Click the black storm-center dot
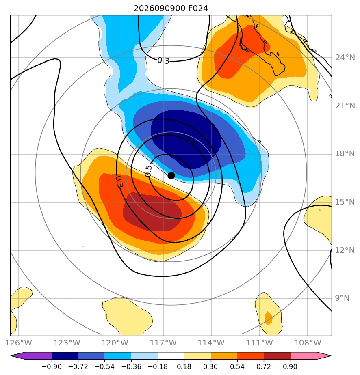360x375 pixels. point(171,176)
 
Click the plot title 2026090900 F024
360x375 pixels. point(171,9)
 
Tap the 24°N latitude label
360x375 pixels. point(345,58)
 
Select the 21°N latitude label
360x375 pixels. point(345,106)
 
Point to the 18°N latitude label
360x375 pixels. point(345,154)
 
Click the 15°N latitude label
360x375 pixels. point(345,202)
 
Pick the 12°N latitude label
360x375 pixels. point(345,250)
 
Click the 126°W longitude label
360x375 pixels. point(18,343)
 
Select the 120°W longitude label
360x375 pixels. point(115,343)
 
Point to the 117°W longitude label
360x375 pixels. point(163,343)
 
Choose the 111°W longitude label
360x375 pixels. point(260,343)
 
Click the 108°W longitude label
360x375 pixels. point(308,343)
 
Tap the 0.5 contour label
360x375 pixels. point(148,171)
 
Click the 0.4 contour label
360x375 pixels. point(190,142)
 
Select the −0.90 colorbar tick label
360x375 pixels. point(52,366)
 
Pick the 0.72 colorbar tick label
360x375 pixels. point(264,366)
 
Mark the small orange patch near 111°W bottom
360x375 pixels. point(269,318)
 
